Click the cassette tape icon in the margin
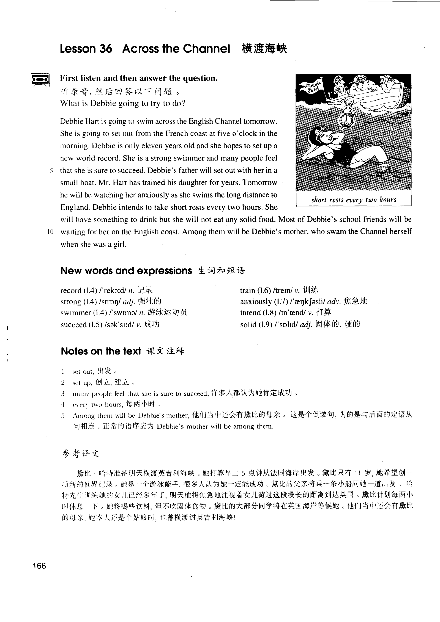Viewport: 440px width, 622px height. click(x=40, y=80)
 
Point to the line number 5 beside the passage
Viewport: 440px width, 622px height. click(x=51, y=171)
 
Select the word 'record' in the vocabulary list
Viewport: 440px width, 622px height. click(x=71, y=291)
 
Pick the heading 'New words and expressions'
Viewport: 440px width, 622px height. click(x=126, y=271)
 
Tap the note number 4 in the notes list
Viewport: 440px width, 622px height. click(x=63, y=404)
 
